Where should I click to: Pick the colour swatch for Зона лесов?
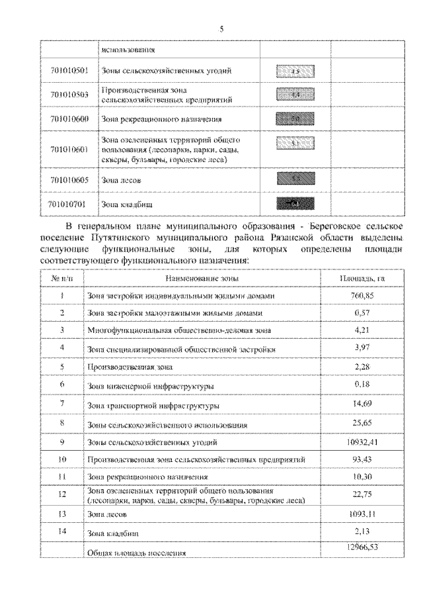point(295,179)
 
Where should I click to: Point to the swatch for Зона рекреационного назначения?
point(295,119)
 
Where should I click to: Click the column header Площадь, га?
point(361,279)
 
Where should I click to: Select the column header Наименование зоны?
point(198,279)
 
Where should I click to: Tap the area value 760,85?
point(361,295)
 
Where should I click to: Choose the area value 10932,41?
point(361,441)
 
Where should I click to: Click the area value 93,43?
point(361,458)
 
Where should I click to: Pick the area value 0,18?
point(361,384)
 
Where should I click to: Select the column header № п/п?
point(61,279)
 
